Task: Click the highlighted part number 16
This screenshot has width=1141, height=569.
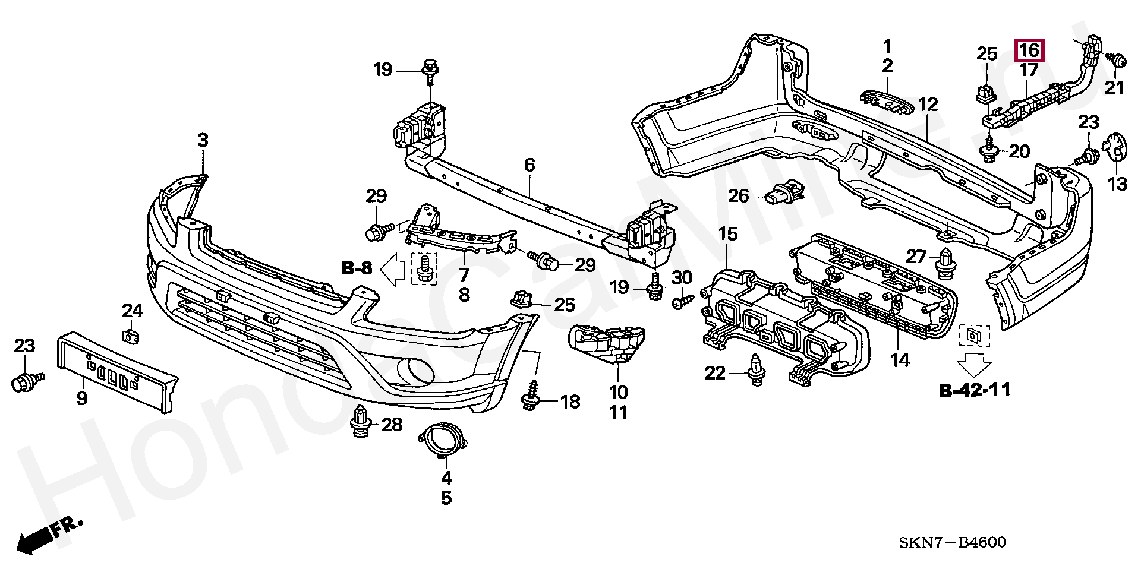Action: tap(1029, 50)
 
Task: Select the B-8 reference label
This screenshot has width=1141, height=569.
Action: tap(357, 268)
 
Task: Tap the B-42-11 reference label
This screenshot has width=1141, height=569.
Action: tap(975, 390)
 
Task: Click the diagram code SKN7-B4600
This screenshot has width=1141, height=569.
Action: tap(952, 542)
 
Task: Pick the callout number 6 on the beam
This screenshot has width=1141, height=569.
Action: tap(529, 165)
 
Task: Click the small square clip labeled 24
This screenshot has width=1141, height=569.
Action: tap(131, 336)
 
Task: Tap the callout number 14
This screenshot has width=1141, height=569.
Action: tap(901, 359)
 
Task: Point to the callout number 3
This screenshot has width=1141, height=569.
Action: tap(203, 141)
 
